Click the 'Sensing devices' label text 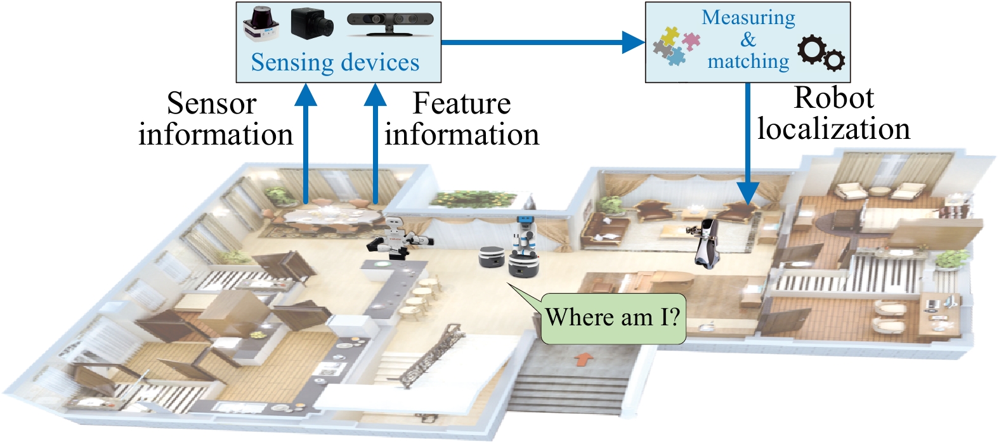(x=335, y=63)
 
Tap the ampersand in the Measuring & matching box (x=748, y=40)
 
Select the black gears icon (x=821, y=53)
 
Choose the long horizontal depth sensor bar (x=390, y=22)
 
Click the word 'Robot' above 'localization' (x=833, y=98)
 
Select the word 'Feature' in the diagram (x=461, y=104)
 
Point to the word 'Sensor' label (x=211, y=104)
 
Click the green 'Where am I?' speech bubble (x=613, y=318)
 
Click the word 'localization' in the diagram (x=833, y=129)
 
